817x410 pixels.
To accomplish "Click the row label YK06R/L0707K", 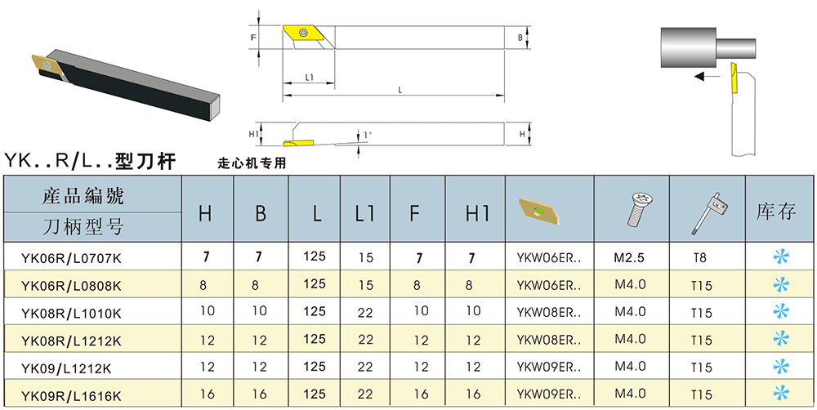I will click(71, 258).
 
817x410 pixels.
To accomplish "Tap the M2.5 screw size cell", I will click(630, 258).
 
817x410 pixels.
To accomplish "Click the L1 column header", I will click(364, 213).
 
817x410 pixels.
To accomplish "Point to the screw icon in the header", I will click(632, 209).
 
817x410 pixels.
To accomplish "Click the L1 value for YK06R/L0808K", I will click(365, 286).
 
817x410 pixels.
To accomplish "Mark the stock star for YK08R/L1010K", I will click(781, 312).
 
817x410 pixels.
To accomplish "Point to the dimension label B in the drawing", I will click(520, 38).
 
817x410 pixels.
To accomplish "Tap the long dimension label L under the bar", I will click(400, 91).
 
